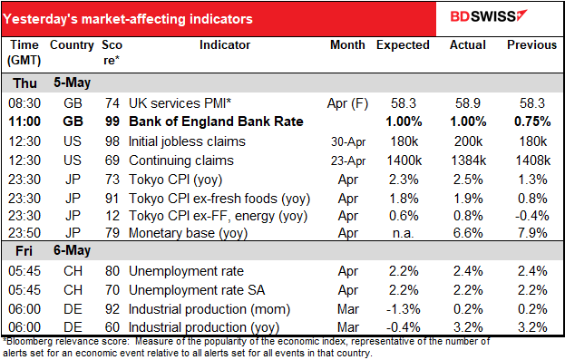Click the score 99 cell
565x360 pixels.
coord(108,121)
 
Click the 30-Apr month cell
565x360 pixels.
coord(348,141)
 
